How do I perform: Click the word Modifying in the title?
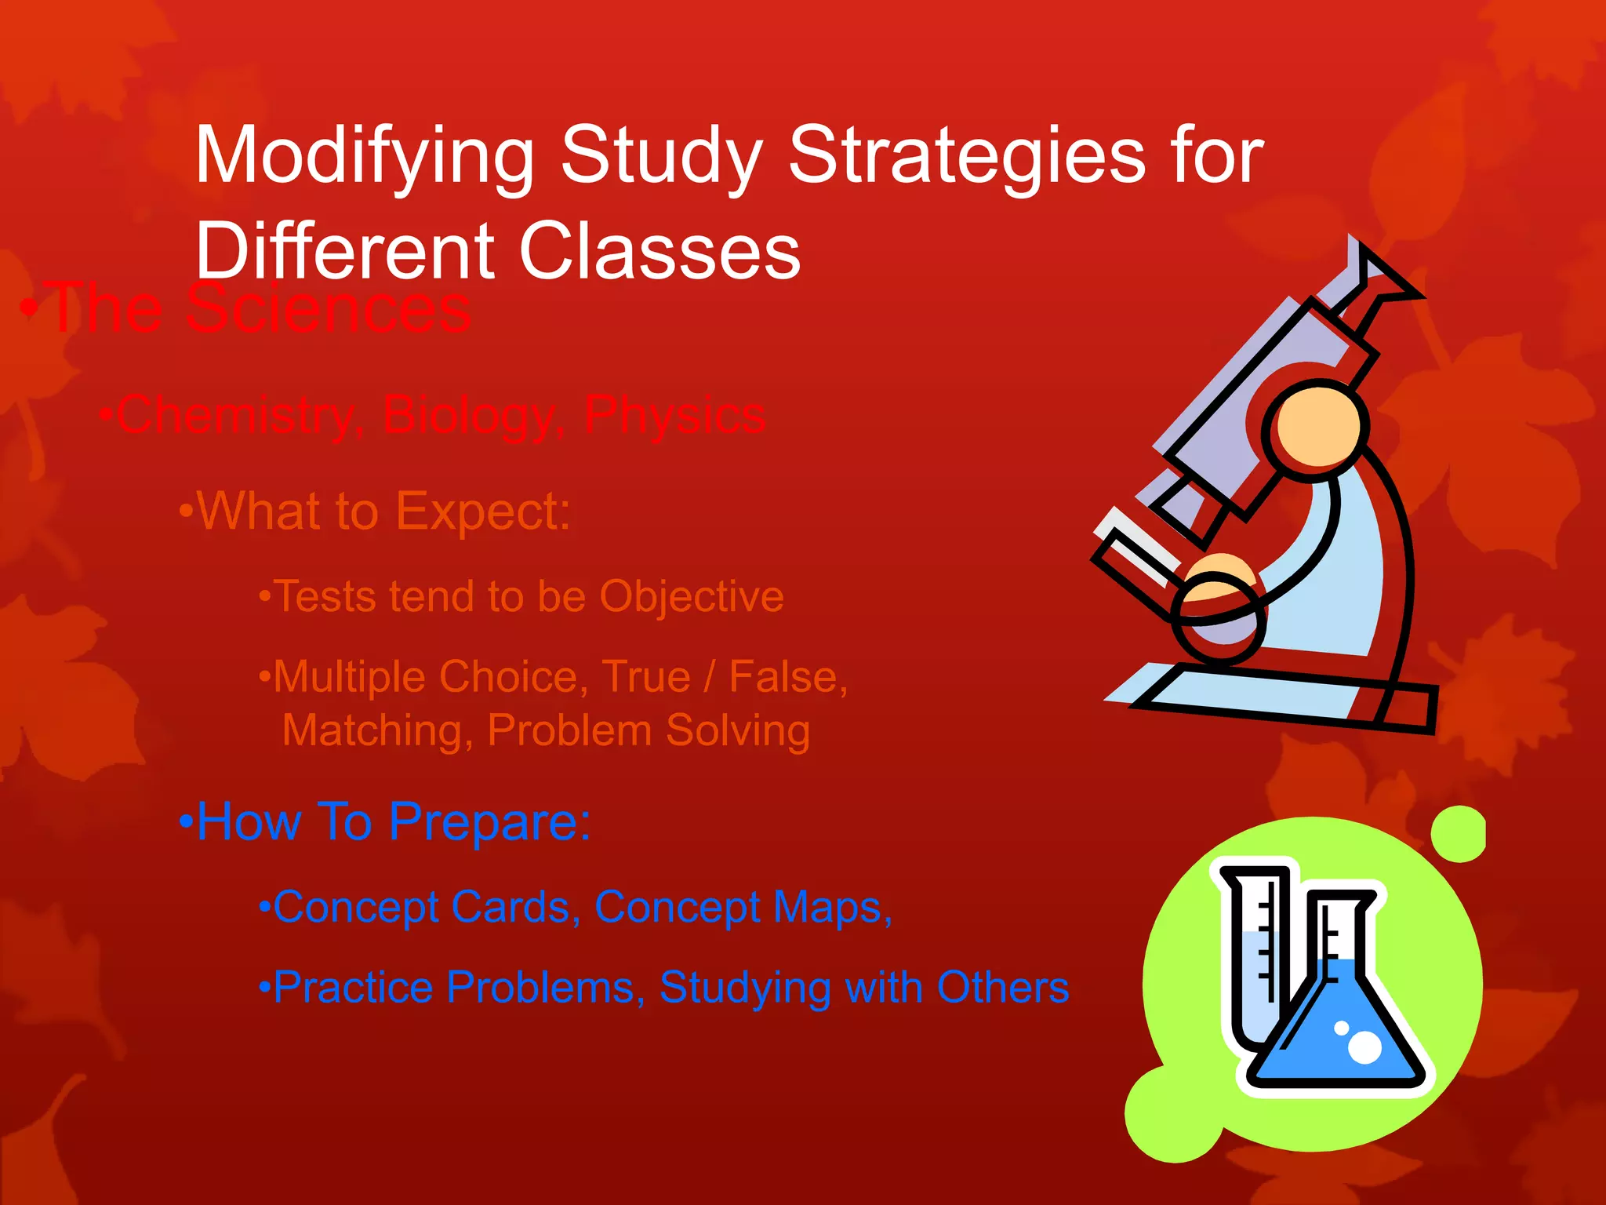[x=365, y=157]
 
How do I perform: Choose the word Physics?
[x=674, y=416]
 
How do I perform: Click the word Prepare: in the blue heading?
[x=489, y=822]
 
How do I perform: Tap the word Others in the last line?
[x=1003, y=988]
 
